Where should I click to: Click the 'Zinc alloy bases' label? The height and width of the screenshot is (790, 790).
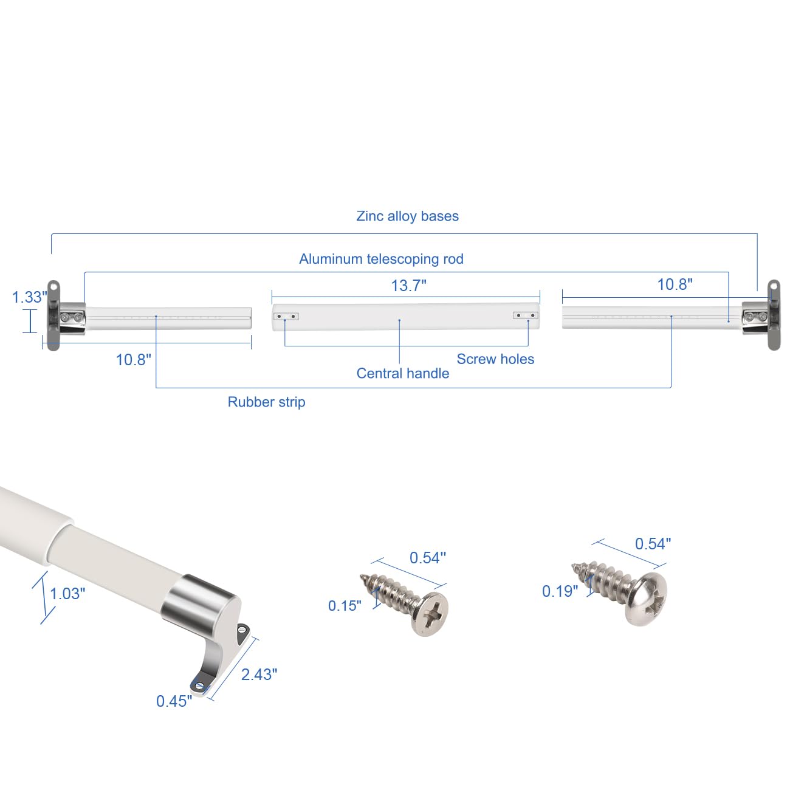tap(407, 216)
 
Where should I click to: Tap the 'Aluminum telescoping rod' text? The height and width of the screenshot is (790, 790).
tap(381, 259)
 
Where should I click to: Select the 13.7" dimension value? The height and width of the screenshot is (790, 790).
tap(408, 286)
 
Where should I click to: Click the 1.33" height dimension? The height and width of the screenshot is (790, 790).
tap(30, 297)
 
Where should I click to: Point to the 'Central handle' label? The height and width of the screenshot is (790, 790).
tap(402, 373)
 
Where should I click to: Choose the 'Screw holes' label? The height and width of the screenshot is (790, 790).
tap(495, 359)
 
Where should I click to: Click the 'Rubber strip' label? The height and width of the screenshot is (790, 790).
tap(267, 402)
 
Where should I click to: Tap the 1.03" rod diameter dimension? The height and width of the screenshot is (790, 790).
tap(67, 594)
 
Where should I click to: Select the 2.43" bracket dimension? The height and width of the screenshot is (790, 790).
tap(259, 675)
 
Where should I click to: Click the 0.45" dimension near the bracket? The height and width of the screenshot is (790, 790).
tap(174, 701)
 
